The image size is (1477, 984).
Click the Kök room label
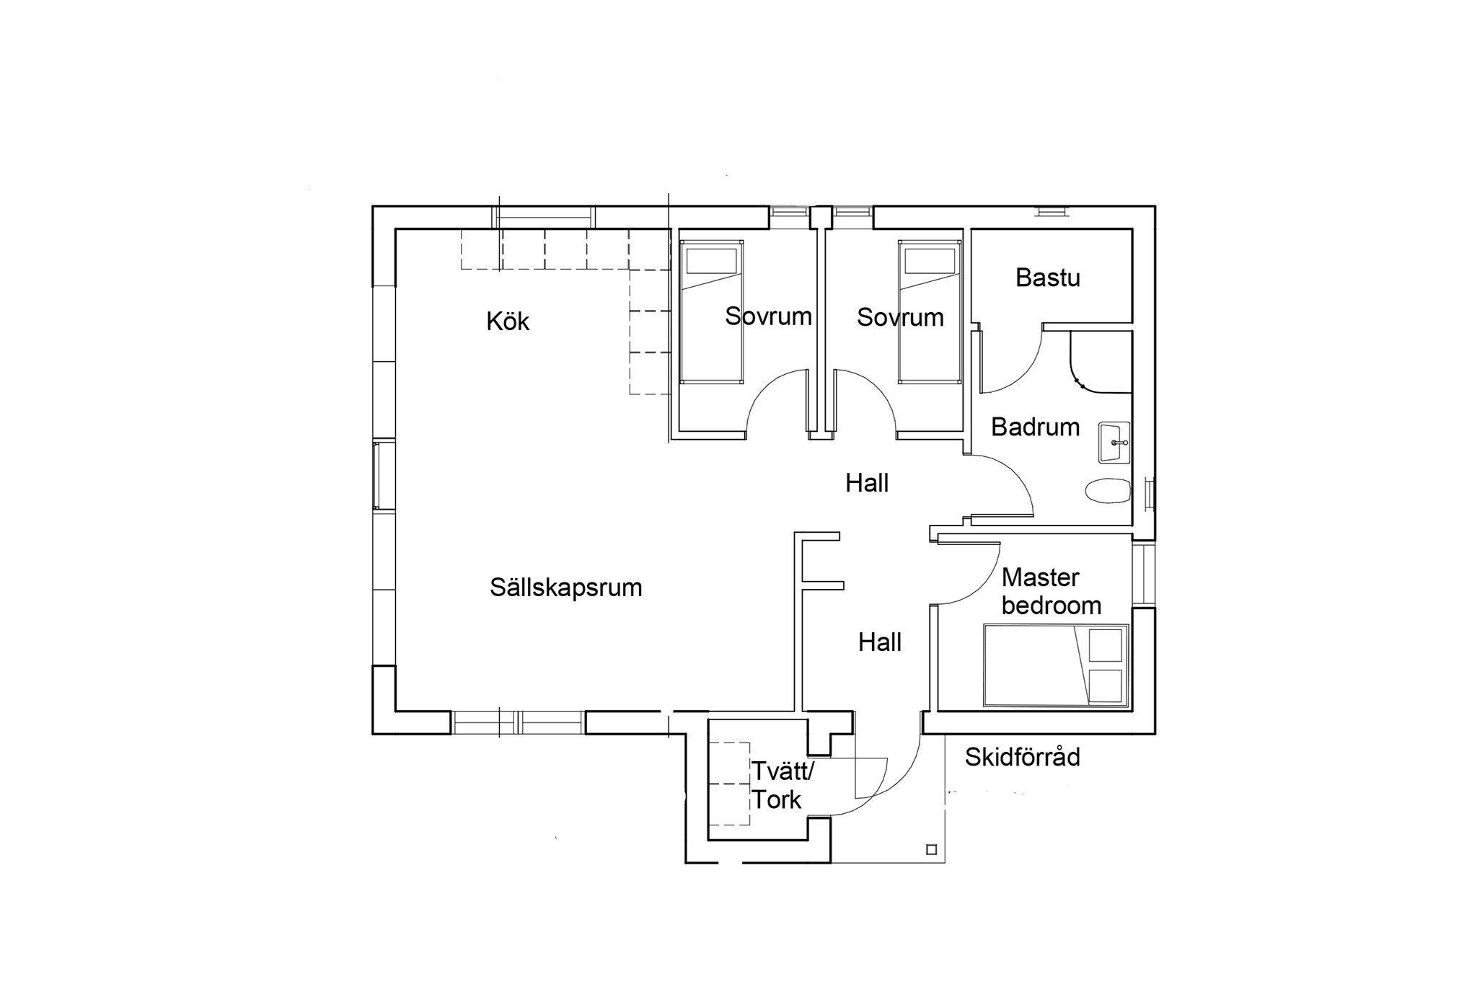click(x=508, y=321)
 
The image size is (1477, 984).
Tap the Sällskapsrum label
click(x=566, y=588)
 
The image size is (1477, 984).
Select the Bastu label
click(x=1048, y=278)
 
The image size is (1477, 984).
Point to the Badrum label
click(x=1035, y=427)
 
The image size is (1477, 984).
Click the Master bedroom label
click(x=1051, y=591)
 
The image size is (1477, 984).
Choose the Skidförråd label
click(x=1023, y=757)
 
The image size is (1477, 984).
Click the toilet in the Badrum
click(x=1108, y=491)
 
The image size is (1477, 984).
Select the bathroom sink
click(x=1114, y=442)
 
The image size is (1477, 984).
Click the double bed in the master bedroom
click(x=1056, y=665)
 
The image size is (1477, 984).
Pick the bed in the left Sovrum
click(x=711, y=311)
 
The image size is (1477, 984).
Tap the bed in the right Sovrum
click(x=930, y=311)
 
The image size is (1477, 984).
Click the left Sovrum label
click(x=768, y=316)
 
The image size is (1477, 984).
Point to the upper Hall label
click(x=867, y=483)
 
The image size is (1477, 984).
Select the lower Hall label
click(x=880, y=642)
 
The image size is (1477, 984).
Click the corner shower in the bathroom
click(x=1101, y=362)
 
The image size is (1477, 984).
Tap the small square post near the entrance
click(x=931, y=850)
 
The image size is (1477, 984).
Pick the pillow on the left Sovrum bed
click(x=711, y=261)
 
